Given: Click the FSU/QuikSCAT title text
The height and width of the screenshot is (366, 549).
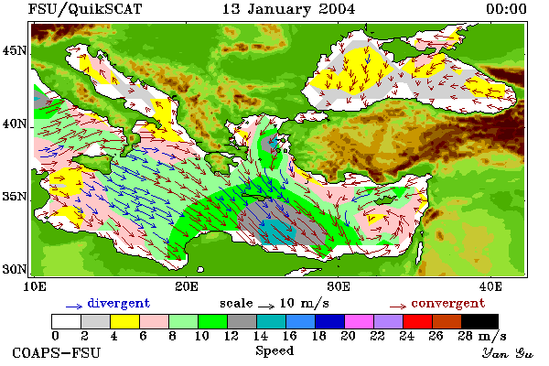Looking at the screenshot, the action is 85,9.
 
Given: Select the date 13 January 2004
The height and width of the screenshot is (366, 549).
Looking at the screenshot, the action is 288,9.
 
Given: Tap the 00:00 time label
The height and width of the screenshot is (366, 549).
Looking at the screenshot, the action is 506,9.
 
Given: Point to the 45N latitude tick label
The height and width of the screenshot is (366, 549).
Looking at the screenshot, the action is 15,51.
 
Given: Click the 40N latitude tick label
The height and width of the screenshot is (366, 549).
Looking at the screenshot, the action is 15,124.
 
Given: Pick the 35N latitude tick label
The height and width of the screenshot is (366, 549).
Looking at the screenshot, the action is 15,197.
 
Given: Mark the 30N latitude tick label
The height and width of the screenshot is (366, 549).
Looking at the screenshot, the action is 15,269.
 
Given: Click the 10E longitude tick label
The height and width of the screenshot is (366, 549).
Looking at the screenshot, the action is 34,286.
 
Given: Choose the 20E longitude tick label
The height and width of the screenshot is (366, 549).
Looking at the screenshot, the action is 187,286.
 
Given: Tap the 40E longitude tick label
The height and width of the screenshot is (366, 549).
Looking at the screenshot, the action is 490,286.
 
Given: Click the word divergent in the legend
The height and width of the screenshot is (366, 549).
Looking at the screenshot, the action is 119,303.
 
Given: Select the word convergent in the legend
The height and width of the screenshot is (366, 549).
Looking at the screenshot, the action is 448,303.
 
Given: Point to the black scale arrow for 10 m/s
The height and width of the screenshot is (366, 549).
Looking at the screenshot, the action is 266,307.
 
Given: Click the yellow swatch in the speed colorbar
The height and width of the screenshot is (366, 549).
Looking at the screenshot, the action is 124,321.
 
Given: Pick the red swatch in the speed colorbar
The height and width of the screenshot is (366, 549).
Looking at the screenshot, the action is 417,321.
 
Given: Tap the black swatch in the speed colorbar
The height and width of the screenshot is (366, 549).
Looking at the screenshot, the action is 479,321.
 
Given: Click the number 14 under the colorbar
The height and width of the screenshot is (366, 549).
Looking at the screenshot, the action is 260,336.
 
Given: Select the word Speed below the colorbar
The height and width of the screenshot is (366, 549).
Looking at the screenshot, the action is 274,351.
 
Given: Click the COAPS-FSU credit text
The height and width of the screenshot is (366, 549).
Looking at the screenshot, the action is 57,352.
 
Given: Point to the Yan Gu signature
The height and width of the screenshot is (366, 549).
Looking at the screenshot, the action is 507,353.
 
